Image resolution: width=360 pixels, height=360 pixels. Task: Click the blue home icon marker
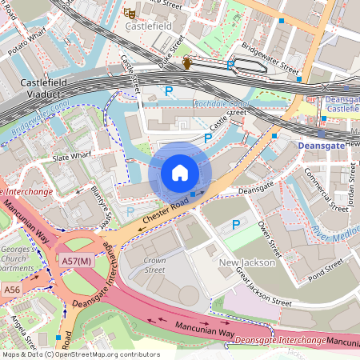click(x=180, y=172)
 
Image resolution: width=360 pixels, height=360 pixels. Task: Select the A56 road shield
click(x=11, y=289)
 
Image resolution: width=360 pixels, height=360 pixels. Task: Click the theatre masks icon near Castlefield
click(x=127, y=12)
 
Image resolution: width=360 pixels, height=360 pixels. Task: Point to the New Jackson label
click(x=247, y=262)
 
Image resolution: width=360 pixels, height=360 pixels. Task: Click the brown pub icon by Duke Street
click(x=187, y=63)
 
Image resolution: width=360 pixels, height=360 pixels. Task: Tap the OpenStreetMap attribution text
click(x=80, y=354)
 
